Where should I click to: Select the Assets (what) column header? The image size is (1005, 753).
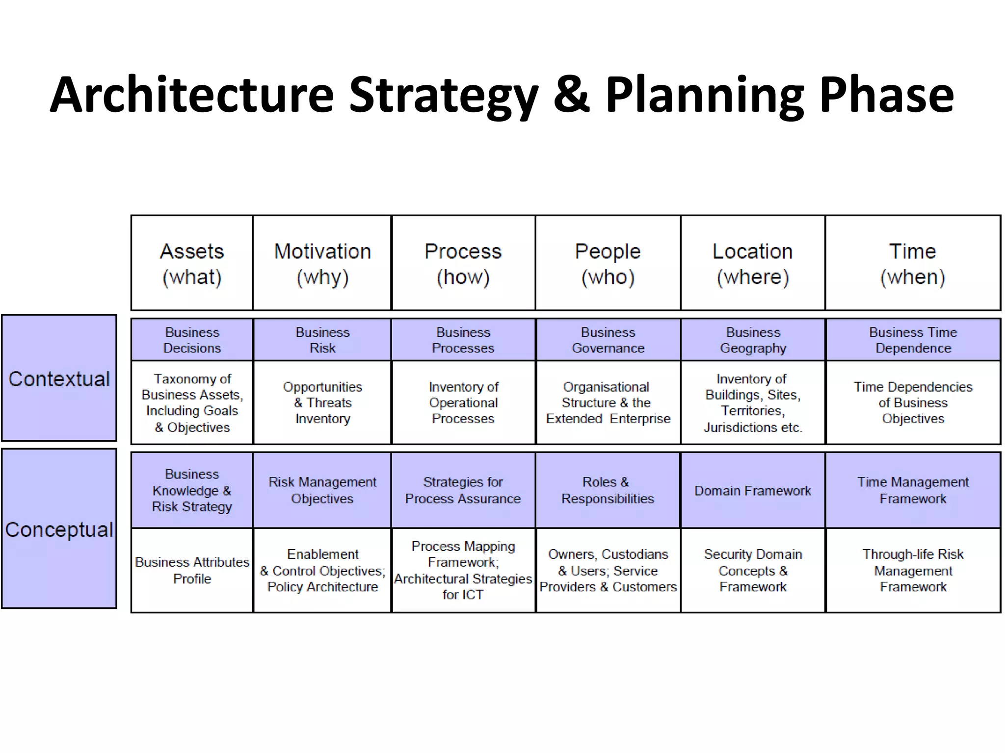tap(192, 263)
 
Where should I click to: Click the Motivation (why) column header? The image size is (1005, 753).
tap(322, 263)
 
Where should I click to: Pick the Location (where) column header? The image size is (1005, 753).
tap(753, 263)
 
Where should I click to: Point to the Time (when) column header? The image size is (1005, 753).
tap(913, 263)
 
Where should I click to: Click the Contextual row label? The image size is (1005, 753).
tap(59, 378)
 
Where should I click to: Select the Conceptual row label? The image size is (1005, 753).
tap(59, 529)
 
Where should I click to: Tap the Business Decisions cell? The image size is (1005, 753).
tap(192, 340)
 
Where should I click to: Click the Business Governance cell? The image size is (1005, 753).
tap(608, 340)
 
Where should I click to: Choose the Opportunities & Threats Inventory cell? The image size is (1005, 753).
tap(322, 402)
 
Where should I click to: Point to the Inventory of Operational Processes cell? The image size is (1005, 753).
tap(463, 402)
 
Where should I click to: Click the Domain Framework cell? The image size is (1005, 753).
tap(753, 491)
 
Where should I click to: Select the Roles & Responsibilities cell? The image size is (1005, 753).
tap(608, 490)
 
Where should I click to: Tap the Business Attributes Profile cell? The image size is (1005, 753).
tap(192, 570)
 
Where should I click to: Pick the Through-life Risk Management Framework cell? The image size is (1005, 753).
tap(913, 570)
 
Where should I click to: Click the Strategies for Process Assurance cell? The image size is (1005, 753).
tap(463, 490)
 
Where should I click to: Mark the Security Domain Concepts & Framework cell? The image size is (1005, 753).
tap(753, 570)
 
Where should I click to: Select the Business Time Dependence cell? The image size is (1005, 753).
tap(913, 340)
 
